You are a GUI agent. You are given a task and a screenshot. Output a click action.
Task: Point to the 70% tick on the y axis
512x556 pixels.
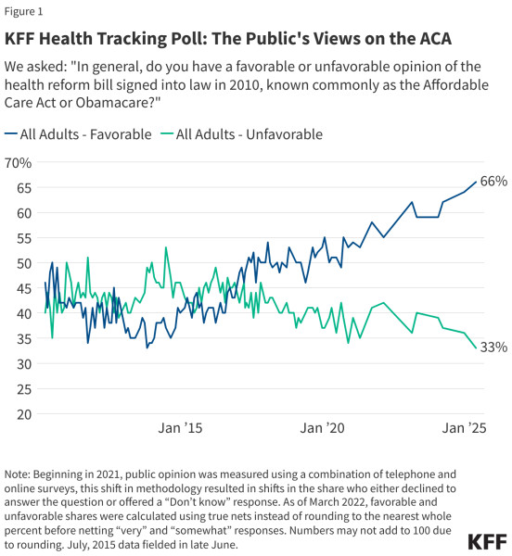tap(18, 163)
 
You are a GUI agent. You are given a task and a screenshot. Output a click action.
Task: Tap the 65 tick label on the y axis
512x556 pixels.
tap(22, 188)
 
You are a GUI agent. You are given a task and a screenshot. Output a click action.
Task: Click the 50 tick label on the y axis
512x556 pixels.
tap(22, 263)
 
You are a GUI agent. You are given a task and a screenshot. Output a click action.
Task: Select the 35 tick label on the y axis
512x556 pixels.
tap(22, 338)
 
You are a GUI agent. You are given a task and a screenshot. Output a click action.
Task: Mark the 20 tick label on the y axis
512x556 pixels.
tap(22, 414)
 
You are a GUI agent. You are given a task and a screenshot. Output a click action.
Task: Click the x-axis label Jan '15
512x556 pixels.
tap(180, 428)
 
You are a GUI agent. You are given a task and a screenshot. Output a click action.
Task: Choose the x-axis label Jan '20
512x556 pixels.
tap(323, 428)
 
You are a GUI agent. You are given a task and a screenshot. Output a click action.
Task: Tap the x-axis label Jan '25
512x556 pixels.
tap(464, 428)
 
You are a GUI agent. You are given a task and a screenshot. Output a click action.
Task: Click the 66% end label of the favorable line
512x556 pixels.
tap(493, 182)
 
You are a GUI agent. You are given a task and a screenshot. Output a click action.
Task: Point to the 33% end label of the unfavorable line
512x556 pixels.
tap(493, 347)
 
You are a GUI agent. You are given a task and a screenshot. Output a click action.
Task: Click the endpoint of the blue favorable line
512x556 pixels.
tap(477, 182)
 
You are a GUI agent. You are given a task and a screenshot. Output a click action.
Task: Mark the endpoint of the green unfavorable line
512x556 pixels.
tap(477, 348)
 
